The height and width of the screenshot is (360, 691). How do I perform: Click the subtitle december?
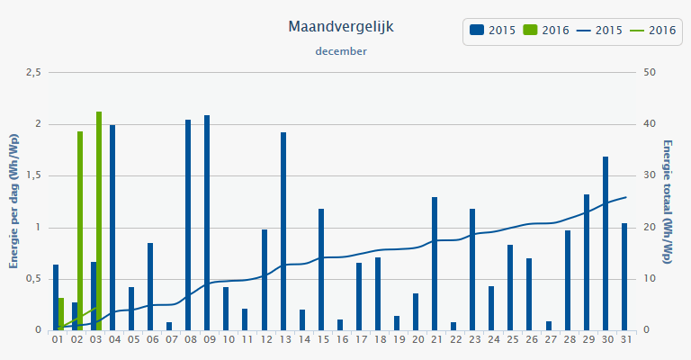click(341, 51)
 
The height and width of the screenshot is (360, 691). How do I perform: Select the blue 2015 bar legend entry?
click(493, 31)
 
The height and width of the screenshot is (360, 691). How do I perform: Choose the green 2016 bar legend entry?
click(546, 31)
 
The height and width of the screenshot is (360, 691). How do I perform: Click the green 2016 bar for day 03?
click(99, 220)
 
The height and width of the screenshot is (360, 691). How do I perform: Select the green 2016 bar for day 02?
click(80, 230)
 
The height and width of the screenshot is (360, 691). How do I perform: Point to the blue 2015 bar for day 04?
click(112, 227)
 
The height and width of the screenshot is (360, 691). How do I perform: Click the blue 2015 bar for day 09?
click(207, 222)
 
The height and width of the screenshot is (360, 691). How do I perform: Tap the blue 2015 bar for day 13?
click(283, 231)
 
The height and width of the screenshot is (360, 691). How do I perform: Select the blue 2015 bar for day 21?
click(435, 263)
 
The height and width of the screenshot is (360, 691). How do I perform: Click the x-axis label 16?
click(341, 340)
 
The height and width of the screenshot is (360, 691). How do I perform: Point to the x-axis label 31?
click(624, 340)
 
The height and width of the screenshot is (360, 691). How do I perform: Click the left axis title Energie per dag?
click(14, 201)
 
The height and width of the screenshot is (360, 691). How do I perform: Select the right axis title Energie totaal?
click(668, 201)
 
